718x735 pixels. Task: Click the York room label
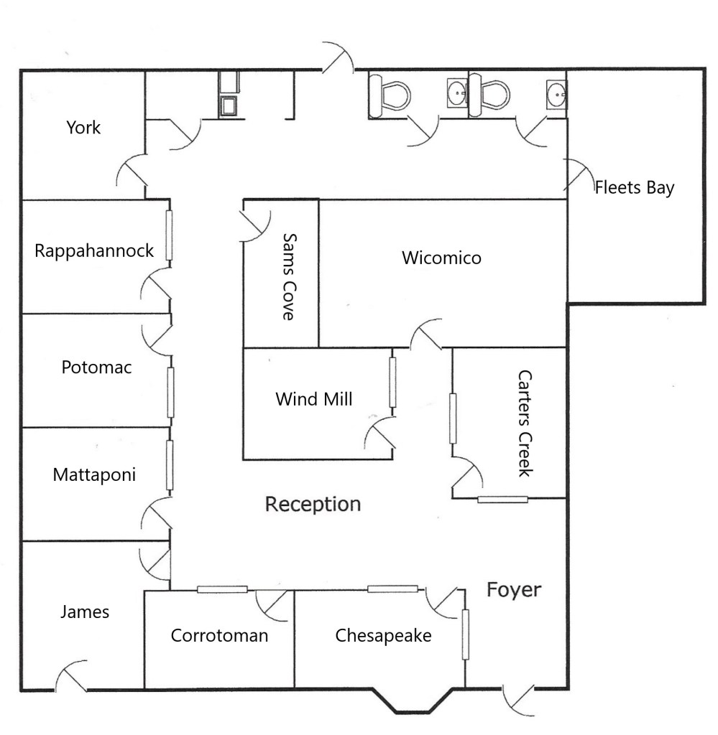tap(83, 128)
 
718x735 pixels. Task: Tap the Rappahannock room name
tap(94, 251)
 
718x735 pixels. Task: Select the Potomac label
tap(96, 367)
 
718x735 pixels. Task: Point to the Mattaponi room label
tap(94, 475)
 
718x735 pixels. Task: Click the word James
tap(85, 612)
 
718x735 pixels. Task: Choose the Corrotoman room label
tap(219, 636)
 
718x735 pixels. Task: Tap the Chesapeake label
tap(383, 636)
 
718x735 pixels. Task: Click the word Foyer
tap(514, 590)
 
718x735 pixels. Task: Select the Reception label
tap(313, 505)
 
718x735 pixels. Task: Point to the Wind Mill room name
tap(313, 399)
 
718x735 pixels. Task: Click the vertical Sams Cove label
tap(289, 277)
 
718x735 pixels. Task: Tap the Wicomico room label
tap(441, 258)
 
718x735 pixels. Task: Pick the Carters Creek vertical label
tap(525, 423)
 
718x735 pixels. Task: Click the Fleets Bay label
tap(635, 188)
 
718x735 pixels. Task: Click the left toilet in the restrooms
tap(389, 95)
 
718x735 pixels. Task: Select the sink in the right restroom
tap(556, 95)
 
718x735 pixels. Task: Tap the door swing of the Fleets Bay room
tap(579, 174)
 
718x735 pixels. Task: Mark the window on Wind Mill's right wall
tap(392, 383)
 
